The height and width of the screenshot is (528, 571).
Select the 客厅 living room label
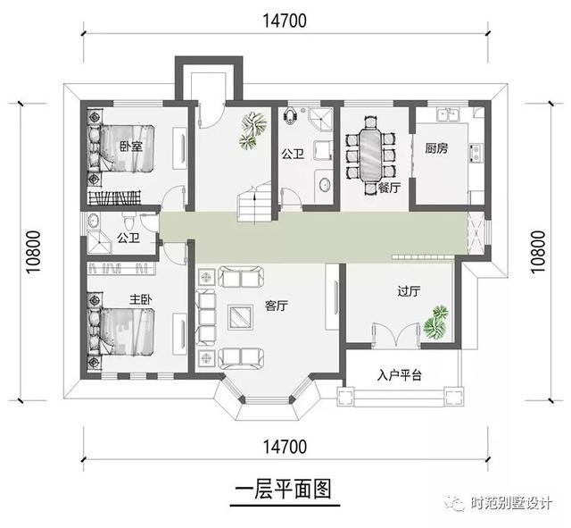276,306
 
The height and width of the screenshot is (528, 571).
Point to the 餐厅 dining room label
388,188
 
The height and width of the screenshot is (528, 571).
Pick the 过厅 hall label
409,290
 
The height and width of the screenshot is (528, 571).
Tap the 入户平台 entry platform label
399,375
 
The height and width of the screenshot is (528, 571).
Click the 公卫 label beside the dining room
293,155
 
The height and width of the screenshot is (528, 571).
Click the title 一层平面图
283,490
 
